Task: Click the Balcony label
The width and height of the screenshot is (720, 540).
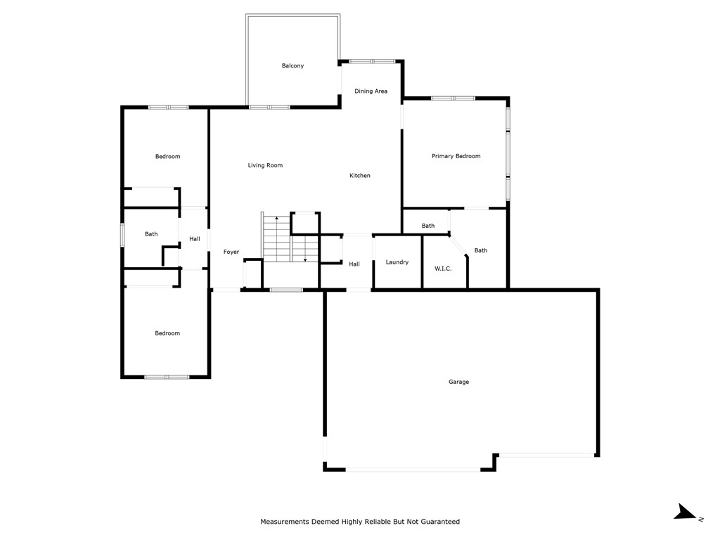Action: [292, 66]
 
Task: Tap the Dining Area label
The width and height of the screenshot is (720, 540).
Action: [371, 91]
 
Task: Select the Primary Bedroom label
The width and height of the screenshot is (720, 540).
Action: [456, 156]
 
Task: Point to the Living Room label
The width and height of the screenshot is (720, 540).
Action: [265, 166]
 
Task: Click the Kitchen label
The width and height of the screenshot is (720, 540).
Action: [360, 176]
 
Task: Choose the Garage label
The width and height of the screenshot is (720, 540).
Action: [458, 382]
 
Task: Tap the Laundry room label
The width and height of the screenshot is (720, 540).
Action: [397, 262]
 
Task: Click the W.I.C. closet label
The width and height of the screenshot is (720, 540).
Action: [443, 269]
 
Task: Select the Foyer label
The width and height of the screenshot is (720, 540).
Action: [231, 252]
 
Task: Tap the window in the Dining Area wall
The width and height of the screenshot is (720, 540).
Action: [372, 61]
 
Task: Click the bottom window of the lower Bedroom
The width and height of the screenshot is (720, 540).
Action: [167, 378]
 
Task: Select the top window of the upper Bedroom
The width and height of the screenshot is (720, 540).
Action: [168, 107]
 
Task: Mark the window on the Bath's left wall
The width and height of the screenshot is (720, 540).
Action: [122, 234]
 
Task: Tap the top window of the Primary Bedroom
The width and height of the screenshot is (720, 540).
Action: [453, 98]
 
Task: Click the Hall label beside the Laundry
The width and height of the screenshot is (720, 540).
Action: [354, 264]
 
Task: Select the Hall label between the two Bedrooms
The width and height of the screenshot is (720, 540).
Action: [195, 239]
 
